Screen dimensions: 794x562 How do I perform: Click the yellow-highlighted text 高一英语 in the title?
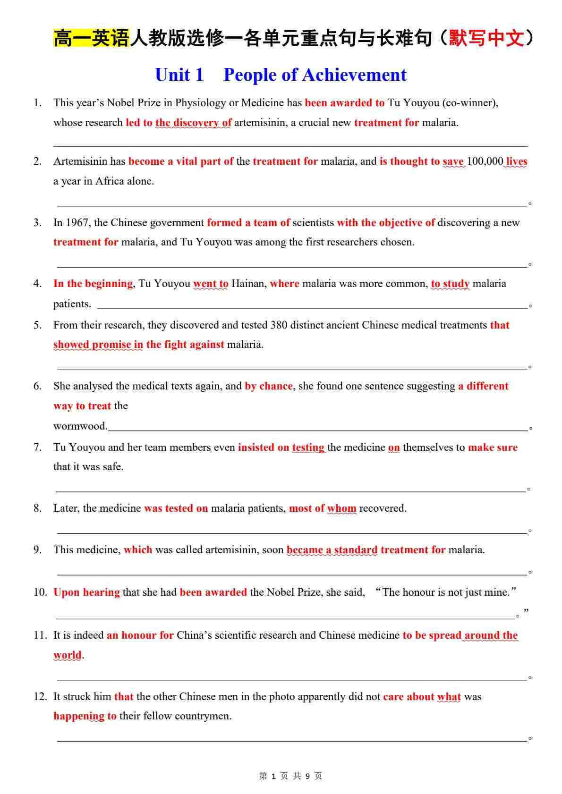91,38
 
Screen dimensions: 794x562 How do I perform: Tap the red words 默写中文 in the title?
486,38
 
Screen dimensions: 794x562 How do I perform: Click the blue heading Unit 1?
179,75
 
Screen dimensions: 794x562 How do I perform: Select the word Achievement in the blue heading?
354,75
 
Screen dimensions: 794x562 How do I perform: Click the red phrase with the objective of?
385,223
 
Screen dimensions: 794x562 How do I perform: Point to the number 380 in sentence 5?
279,325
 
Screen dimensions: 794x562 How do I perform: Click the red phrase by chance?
268,386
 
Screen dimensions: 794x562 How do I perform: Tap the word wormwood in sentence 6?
79,426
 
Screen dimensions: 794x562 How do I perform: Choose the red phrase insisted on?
263,448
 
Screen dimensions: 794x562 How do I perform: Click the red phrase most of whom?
323,508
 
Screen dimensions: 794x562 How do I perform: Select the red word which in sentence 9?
138,550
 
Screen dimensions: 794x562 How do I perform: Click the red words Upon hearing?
86,592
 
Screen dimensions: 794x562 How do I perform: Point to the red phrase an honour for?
140,635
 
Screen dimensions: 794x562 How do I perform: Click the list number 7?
37,448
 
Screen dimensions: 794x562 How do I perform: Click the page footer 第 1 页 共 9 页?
290,776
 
